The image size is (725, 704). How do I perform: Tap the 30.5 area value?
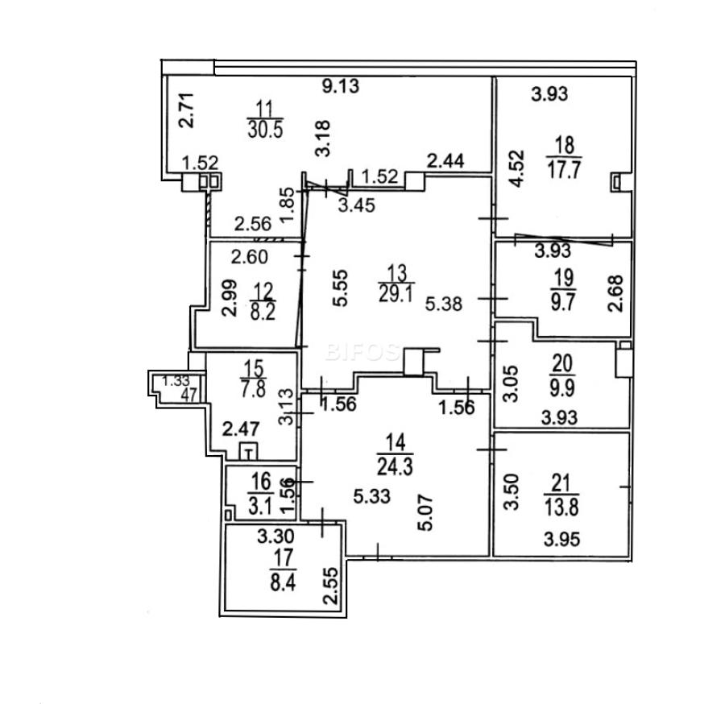[265, 130]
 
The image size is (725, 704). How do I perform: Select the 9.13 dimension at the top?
[340, 86]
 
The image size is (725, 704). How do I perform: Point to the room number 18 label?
[565, 145]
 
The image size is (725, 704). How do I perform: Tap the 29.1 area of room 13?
[396, 293]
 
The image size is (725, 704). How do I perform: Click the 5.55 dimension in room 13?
[340, 288]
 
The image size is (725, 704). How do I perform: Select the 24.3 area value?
[395, 467]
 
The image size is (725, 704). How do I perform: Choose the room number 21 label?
[561, 483]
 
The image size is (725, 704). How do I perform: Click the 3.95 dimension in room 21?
[561, 539]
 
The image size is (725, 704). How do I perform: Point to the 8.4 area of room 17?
[283, 582]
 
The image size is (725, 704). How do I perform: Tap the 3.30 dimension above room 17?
[275, 536]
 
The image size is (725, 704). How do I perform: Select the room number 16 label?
[261, 482]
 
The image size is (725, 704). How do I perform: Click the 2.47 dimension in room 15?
[241, 429]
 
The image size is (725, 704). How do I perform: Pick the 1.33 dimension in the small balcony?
[176, 381]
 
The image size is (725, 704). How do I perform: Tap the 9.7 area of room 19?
[563, 302]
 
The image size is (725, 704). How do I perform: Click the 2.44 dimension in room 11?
[445, 161]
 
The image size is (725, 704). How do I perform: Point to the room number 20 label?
[562, 364]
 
